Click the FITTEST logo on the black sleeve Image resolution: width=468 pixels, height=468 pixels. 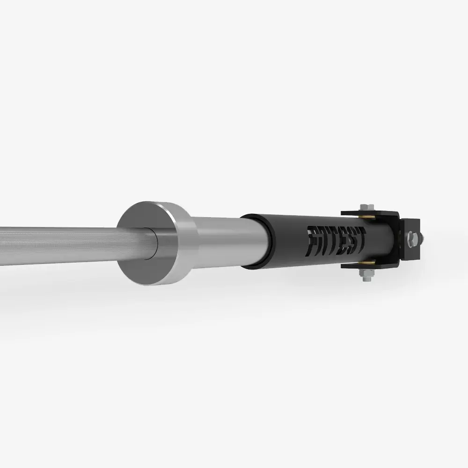336,241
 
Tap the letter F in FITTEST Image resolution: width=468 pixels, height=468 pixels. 312,241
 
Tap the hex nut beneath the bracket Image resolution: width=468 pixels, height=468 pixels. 366,273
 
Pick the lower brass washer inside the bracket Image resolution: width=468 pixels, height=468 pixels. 367,263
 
